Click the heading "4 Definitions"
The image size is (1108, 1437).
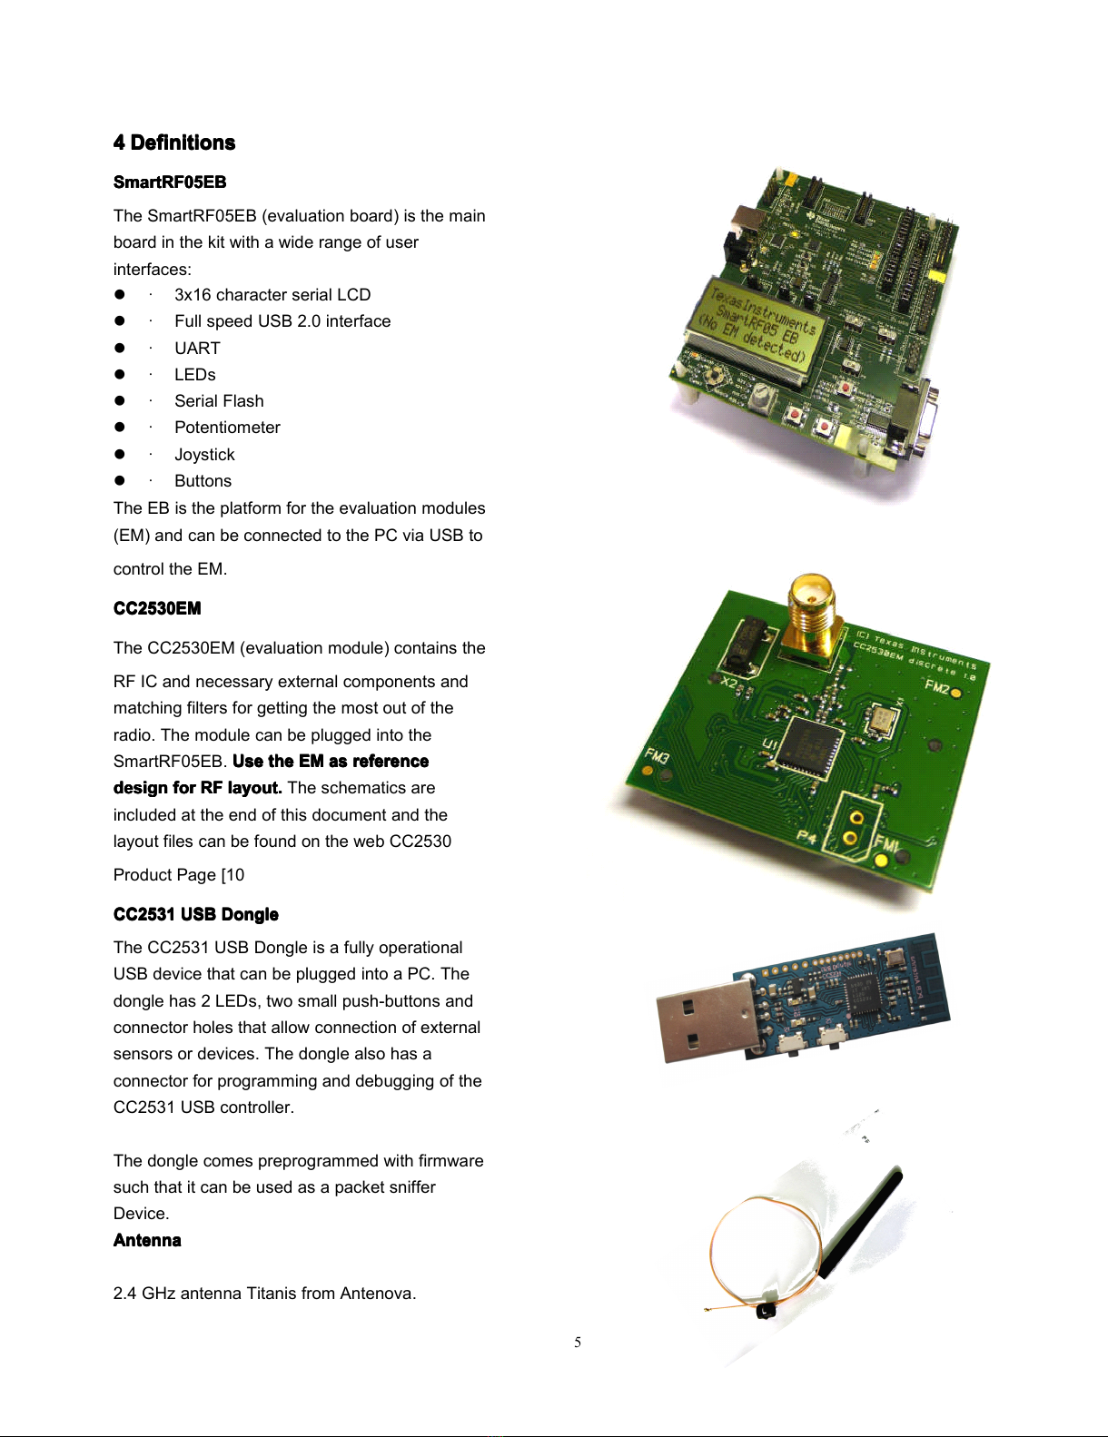tap(174, 143)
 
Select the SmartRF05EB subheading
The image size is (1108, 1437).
tap(170, 182)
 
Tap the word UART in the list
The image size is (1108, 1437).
tap(197, 349)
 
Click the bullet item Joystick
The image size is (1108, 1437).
tap(204, 455)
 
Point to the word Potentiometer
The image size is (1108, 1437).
tap(227, 428)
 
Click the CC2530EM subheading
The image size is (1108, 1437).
tap(157, 608)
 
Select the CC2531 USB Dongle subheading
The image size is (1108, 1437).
tap(196, 914)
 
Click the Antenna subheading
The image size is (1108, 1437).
tap(147, 1240)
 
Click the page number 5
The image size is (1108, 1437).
tap(578, 1343)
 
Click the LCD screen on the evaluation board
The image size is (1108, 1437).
tap(757, 325)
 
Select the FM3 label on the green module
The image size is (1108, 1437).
tap(657, 755)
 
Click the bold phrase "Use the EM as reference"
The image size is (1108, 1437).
tap(331, 762)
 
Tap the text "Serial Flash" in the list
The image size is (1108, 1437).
tap(219, 401)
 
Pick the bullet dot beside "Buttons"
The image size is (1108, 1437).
tap(119, 481)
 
